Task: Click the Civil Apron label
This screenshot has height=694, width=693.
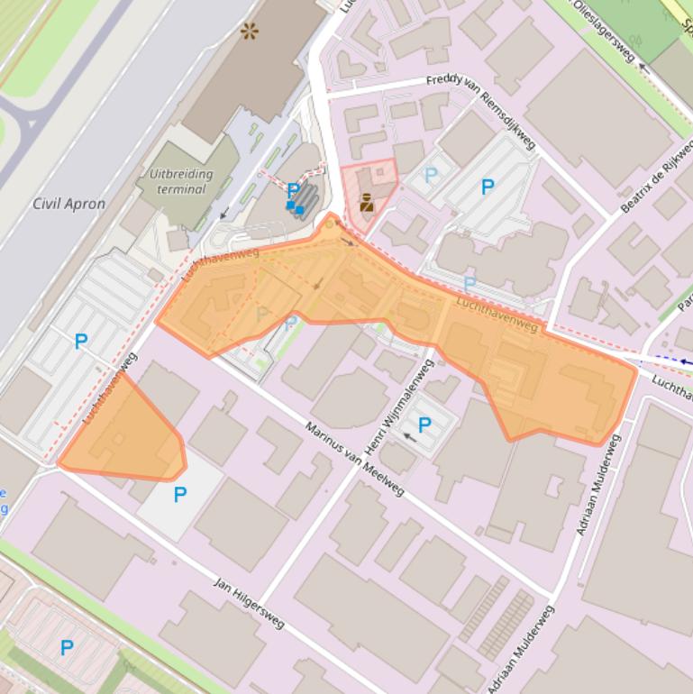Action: (x=68, y=204)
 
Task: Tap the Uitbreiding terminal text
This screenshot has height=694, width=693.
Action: (x=181, y=181)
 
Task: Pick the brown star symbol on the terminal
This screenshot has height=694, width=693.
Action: (x=249, y=32)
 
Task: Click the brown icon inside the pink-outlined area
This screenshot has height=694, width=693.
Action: (x=367, y=203)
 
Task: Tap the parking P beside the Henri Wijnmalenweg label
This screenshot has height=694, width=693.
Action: (x=424, y=425)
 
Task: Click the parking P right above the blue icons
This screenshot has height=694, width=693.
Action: (x=293, y=190)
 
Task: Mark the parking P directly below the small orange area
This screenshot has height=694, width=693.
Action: (x=180, y=494)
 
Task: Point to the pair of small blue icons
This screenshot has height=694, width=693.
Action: (x=295, y=208)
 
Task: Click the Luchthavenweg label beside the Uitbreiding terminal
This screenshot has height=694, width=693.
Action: (x=220, y=266)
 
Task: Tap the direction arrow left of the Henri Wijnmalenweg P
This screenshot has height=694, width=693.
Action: (x=409, y=436)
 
